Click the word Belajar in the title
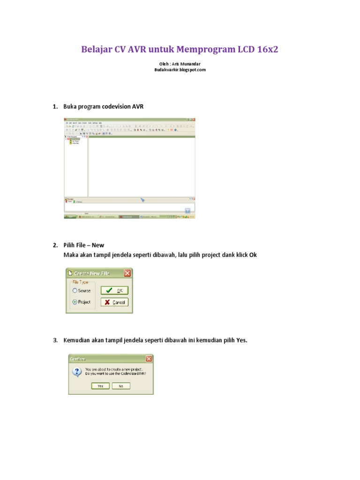pos(97,50)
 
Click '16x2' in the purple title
pos(267,50)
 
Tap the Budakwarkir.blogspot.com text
pos(180,70)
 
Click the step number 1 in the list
pos(54,107)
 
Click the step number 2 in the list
pos(54,245)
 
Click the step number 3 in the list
pos(54,340)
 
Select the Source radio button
pos(75,291)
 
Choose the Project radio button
pos(75,302)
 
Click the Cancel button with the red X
pos(114,302)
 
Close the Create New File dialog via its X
pos(127,273)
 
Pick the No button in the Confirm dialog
pos(121,386)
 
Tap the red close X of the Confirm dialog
pos(149,359)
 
